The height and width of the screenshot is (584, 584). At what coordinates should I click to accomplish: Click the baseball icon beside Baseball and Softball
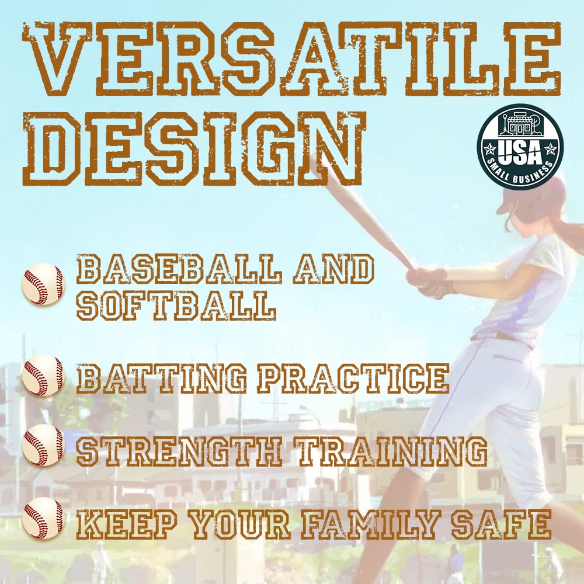tap(43, 284)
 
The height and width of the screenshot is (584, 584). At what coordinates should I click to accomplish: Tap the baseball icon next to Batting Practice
tap(43, 376)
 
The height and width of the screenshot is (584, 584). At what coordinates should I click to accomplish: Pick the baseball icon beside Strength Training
tap(43, 446)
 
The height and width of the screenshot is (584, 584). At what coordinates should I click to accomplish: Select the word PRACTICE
tap(353, 378)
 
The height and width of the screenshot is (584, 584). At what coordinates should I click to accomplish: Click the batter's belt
tap(502, 338)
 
